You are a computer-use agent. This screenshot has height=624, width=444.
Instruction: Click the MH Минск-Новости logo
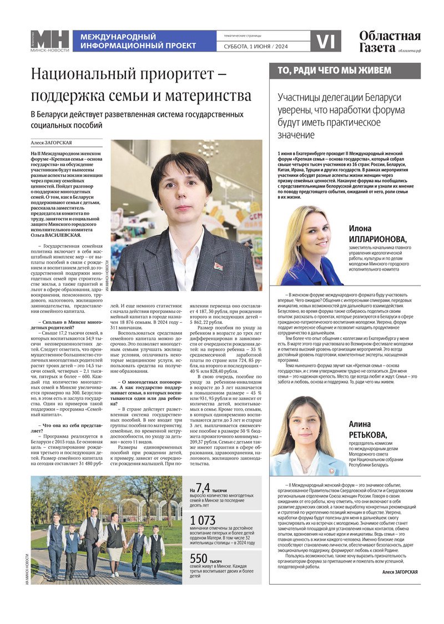click(50, 41)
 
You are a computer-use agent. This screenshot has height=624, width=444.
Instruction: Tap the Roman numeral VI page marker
click(325, 41)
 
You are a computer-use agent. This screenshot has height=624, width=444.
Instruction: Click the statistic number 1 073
click(203, 521)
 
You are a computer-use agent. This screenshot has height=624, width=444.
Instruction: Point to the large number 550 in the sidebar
click(199, 559)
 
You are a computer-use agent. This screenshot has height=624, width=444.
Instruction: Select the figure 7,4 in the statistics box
click(203, 488)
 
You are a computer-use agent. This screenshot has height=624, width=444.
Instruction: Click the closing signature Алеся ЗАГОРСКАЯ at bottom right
click(400, 572)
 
